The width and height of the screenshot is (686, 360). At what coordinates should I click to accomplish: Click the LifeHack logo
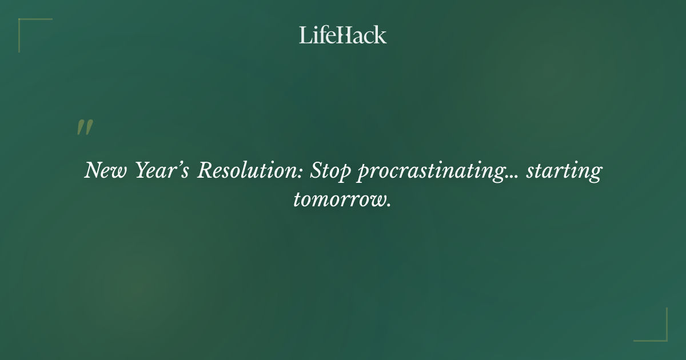(342, 35)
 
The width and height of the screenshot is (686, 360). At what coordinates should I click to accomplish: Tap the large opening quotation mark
(85, 128)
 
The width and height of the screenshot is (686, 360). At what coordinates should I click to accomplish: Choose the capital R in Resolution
(204, 170)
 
